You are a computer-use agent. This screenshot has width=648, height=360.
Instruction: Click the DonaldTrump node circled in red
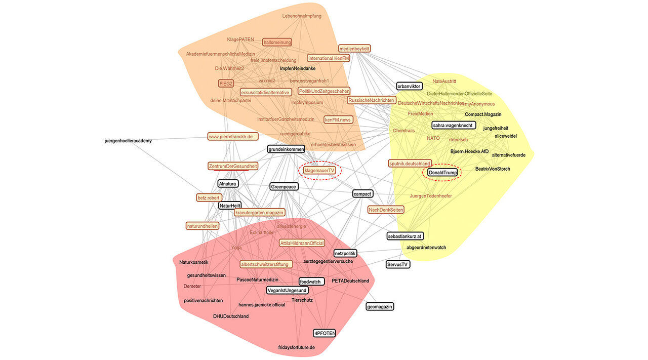tap(442, 173)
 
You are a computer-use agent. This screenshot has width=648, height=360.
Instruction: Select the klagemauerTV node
tap(319, 171)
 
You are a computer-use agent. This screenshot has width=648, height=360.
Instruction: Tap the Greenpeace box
tap(283, 186)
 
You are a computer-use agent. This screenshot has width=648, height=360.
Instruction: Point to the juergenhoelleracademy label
tap(128, 140)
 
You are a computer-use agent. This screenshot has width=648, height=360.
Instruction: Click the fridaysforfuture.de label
tap(297, 347)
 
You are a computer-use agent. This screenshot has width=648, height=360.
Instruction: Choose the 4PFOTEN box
tap(325, 333)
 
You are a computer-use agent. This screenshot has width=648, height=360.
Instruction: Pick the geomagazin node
tap(380, 306)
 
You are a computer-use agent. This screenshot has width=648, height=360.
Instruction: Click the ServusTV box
tap(398, 264)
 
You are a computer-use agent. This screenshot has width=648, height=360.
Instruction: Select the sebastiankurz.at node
tap(405, 236)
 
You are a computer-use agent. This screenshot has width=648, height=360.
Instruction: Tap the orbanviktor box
tap(409, 86)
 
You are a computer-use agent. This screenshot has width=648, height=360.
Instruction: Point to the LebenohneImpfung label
tap(302, 16)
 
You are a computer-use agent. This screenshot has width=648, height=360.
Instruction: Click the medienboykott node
tap(355, 48)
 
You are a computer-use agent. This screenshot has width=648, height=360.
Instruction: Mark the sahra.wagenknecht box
tap(454, 125)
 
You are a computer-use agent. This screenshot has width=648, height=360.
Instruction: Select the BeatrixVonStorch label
tap(493, 169)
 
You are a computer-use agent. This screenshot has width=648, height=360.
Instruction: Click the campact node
tap(362, 193)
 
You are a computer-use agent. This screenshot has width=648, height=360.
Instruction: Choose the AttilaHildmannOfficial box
tap(302, 243)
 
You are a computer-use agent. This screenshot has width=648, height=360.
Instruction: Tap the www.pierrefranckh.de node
tap(233, 136)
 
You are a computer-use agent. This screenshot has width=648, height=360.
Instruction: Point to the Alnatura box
tap(228, 183)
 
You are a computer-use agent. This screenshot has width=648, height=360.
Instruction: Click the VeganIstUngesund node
tap(287, 291)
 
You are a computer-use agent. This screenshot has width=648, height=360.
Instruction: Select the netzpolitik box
tap(345, 253)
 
